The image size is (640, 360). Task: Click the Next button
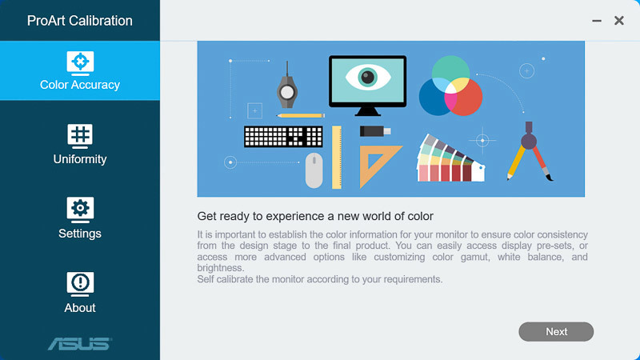tap(556, 331)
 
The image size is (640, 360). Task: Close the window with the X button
tap(618, 21)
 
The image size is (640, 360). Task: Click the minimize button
tap(597, 21)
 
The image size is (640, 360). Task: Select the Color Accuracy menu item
tap(80, 70)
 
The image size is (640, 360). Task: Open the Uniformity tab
tap(80, 145)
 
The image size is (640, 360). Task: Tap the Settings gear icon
tap(80, 209)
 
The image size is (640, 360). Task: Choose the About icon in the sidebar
tap(80, 283)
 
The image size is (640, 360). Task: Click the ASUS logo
tap(80, 344)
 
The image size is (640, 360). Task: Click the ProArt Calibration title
tap(79, 21)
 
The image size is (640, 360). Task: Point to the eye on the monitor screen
tap(368, 77)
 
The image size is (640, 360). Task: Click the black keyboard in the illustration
tap(283, 136)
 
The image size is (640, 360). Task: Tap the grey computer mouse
tap(314, 170)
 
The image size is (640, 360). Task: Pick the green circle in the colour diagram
tap(450, 70)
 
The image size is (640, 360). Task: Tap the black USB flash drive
tap(375, 131)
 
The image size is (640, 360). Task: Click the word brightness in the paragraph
tap(221, 268)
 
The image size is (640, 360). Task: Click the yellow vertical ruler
tap(337, 157)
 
